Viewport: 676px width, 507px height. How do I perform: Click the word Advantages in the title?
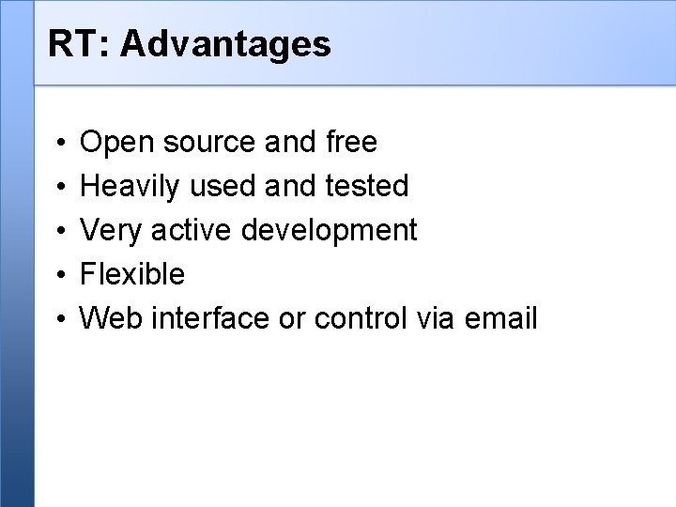[225, 43]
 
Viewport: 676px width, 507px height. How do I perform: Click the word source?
[198, 143]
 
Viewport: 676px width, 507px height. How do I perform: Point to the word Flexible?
[131, 275]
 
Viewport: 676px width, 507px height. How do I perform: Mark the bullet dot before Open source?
[59, 144]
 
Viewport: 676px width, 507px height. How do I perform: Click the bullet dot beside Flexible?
[59, 276]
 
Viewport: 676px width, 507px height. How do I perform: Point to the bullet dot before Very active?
[59, 232]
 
